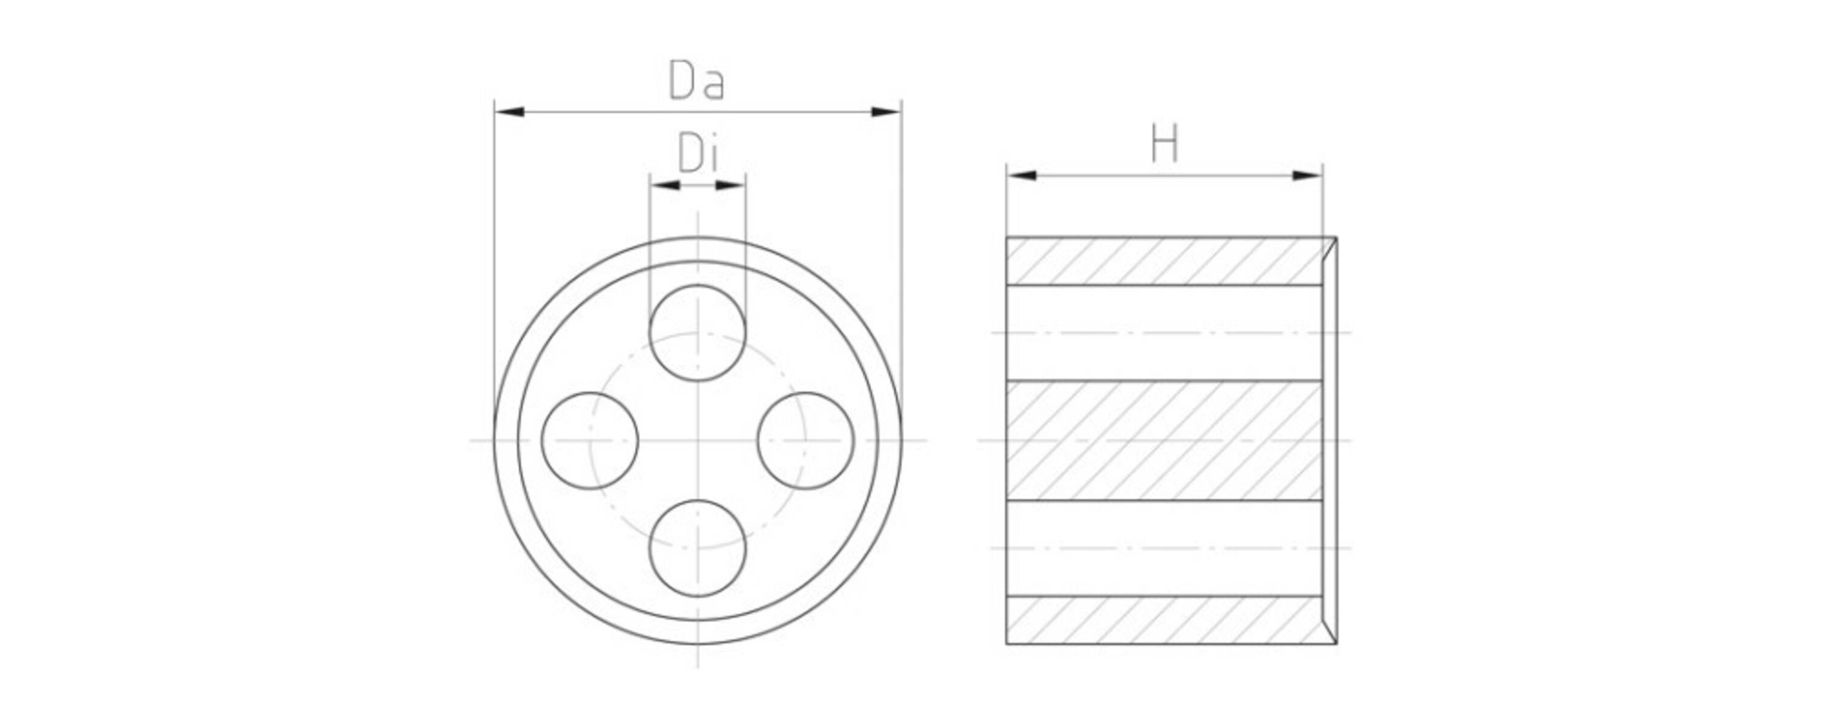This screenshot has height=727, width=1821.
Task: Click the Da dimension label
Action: (x=696, y=81)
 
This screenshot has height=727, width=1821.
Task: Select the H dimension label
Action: (x=1165, y=144)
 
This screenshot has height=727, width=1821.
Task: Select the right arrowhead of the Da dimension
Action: (x=887, y=111)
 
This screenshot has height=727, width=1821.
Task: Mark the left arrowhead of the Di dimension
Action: (x=665, y=185)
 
